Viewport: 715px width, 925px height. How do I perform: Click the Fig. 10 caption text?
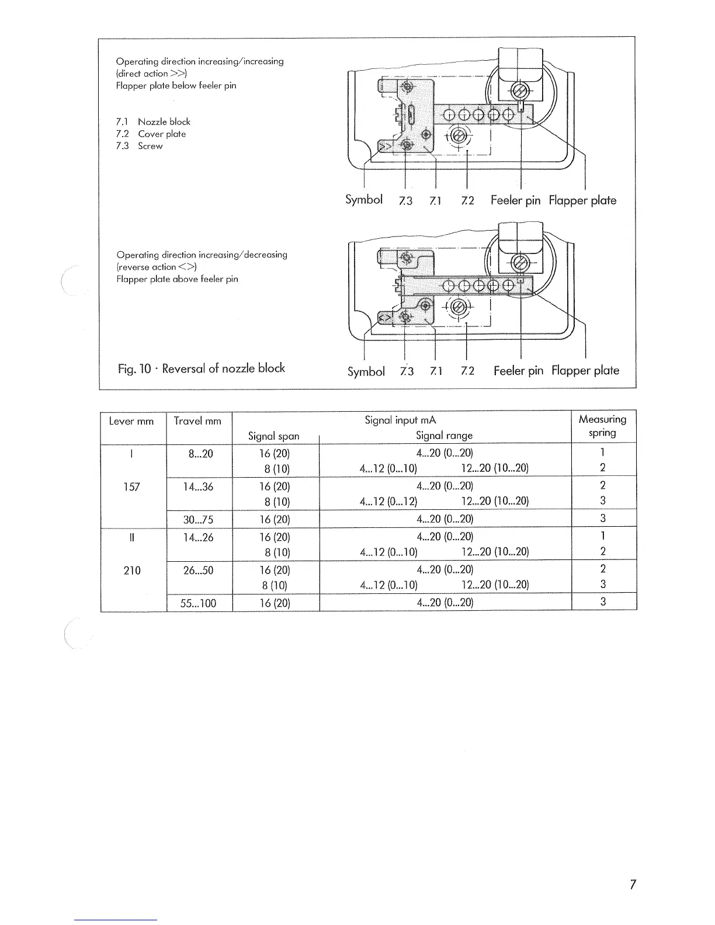pos(202,368)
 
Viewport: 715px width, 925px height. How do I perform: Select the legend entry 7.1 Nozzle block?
pos(153,121)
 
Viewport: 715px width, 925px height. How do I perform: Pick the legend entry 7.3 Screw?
pos(139,146)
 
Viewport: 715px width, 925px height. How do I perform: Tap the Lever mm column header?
pos(131,421)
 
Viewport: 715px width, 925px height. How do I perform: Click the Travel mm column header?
pos(197,421)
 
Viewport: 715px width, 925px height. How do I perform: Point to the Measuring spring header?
pos(602,426)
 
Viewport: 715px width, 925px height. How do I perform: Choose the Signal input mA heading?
pos(400,420)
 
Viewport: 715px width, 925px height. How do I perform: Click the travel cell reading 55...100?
pos(198,603)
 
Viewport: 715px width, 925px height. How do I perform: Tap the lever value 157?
pos(132,487)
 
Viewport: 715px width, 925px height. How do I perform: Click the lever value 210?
pos(132,571)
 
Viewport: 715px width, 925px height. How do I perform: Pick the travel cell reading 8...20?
pos(198,454)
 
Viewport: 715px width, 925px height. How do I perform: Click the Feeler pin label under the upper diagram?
pos(515,200)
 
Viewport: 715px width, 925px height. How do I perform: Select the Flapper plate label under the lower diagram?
pos(585,370)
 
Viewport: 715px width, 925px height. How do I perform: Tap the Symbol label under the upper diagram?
pos(364,200)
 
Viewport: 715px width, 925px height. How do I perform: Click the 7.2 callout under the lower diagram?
pos(467,371)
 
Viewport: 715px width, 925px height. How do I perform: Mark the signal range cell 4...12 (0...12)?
pos(388,501)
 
